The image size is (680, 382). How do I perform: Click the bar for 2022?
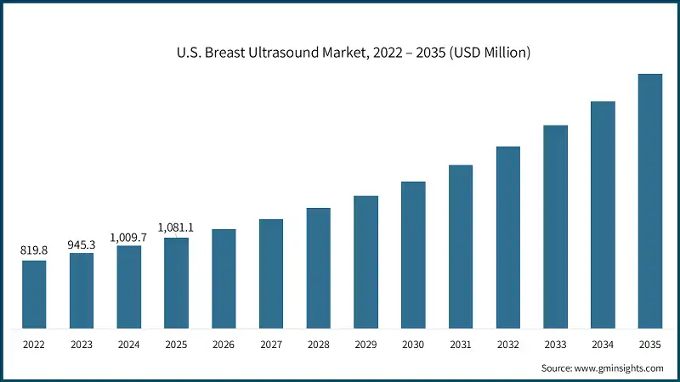(34, 294)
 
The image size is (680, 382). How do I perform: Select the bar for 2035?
(650, 200)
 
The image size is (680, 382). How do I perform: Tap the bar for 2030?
(413, 255)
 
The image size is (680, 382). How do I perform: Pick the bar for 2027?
(271, 273)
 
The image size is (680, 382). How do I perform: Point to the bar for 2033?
(555, 227)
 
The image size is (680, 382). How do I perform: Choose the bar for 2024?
(129, 286)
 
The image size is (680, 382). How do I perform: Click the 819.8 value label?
(34, 250)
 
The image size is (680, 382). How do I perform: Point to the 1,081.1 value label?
(176, 228)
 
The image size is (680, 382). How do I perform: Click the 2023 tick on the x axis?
(82, 345)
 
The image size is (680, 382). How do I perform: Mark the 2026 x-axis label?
(224, 345)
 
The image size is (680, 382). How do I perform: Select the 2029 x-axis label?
(365, 345)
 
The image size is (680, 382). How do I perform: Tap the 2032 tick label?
(508, 345)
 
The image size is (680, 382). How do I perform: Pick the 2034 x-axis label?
(603, 345)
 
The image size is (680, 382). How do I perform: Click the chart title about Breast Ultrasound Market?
(341, 53)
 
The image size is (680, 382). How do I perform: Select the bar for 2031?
(461, 246)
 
